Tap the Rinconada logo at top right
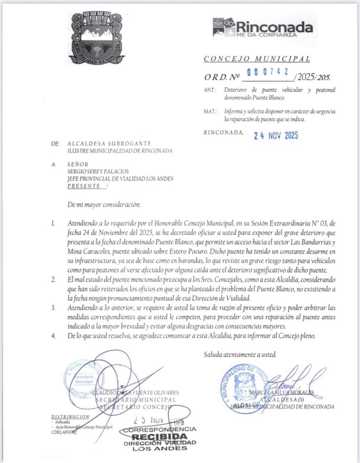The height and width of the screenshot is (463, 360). point(262,28)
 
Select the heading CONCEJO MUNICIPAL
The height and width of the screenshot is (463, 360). point(256,59)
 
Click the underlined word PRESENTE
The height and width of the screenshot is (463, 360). point(85,185)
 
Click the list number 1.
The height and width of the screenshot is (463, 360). point(53,223)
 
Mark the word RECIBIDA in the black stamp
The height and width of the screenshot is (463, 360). point(158,436)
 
